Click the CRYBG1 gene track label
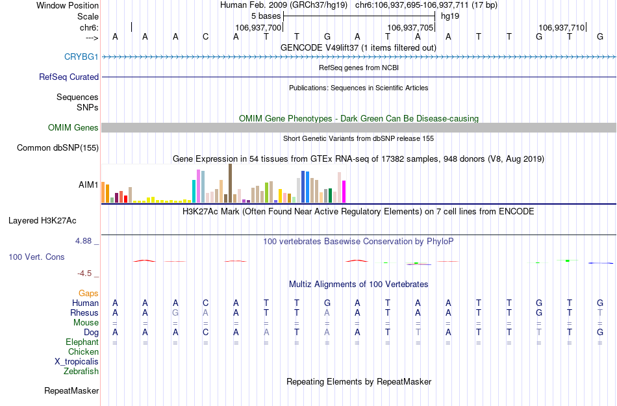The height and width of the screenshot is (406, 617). click(81, 57)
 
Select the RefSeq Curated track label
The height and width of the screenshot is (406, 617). click(69, 77)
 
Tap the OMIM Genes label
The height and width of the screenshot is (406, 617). click(73, 128)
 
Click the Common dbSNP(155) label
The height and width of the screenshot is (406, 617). click(58, 148)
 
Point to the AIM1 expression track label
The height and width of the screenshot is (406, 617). click(88, 185)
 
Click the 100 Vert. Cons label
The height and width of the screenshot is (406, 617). click(36, 257)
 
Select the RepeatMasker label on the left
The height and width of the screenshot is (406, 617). click(71, 391)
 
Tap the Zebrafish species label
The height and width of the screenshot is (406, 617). click(81, 372)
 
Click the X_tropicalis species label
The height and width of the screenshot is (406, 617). click(77, 362)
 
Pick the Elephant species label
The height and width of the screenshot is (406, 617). click(82, 342)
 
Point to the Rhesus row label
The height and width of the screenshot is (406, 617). click(84, 313)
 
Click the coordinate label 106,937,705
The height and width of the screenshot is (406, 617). click(409, 28)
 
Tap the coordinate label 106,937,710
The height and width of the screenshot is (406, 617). click(561, 28)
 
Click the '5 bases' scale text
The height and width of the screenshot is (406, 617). click(266, 16)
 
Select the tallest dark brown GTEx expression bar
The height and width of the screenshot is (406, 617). click(230, 183)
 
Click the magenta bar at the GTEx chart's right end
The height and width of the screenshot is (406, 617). click(344, 192)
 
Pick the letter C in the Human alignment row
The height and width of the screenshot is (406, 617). click(206, 303)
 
